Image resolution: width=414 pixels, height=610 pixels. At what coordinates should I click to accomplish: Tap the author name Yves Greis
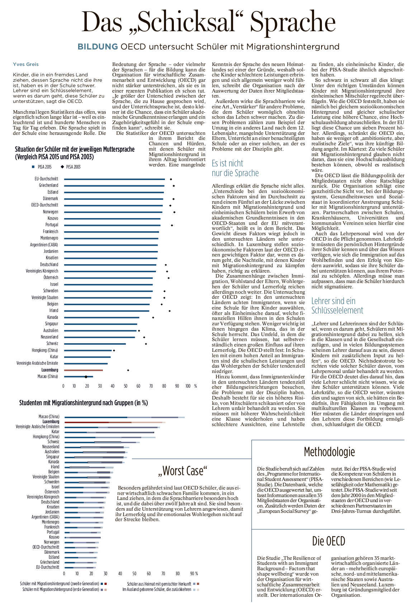pyautogui.click(x=26, y=65)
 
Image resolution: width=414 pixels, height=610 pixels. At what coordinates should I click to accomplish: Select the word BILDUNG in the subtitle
pyautogui.click(x=98, y=47)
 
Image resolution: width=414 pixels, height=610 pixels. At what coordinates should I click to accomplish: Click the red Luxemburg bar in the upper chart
pyautogui.click(x=83, y=370)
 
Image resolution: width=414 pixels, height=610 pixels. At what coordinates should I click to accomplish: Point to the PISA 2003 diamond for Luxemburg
pyautogui.click(x=128, y=370)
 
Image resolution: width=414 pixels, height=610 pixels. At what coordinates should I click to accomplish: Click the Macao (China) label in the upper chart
pyautogui.click(x=48, y=376)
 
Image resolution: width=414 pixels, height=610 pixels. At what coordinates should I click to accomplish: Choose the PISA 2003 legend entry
pyautogui.click(x=71, y=167)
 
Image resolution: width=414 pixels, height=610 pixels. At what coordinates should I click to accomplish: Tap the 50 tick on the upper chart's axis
pyautogui.click(x=125, y=386)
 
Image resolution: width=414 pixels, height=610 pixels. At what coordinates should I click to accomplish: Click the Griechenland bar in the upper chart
pyautogui.click(x=114, y=186)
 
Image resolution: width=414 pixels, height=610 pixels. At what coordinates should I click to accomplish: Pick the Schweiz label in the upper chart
pyautogui.click(x=52, y=344)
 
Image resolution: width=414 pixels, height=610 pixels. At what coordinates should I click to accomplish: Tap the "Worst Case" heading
pyautogui.click(x=183, y=471)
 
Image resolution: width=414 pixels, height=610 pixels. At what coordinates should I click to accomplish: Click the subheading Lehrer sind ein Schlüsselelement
pyautogui.click(x=337, y=306)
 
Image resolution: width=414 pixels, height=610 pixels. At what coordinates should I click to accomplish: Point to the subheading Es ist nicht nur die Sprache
pyautogui.click(x=235, y=168)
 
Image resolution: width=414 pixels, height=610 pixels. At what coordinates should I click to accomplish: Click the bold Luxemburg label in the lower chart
pyautogui.click(x=51, y=422)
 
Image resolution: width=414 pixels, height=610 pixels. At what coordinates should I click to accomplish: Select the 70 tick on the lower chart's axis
pyautogui.click(x=163, y=573)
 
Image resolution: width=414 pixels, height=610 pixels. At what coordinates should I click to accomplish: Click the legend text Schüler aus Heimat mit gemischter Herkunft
pyautogui.click(x=159, y=584)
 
